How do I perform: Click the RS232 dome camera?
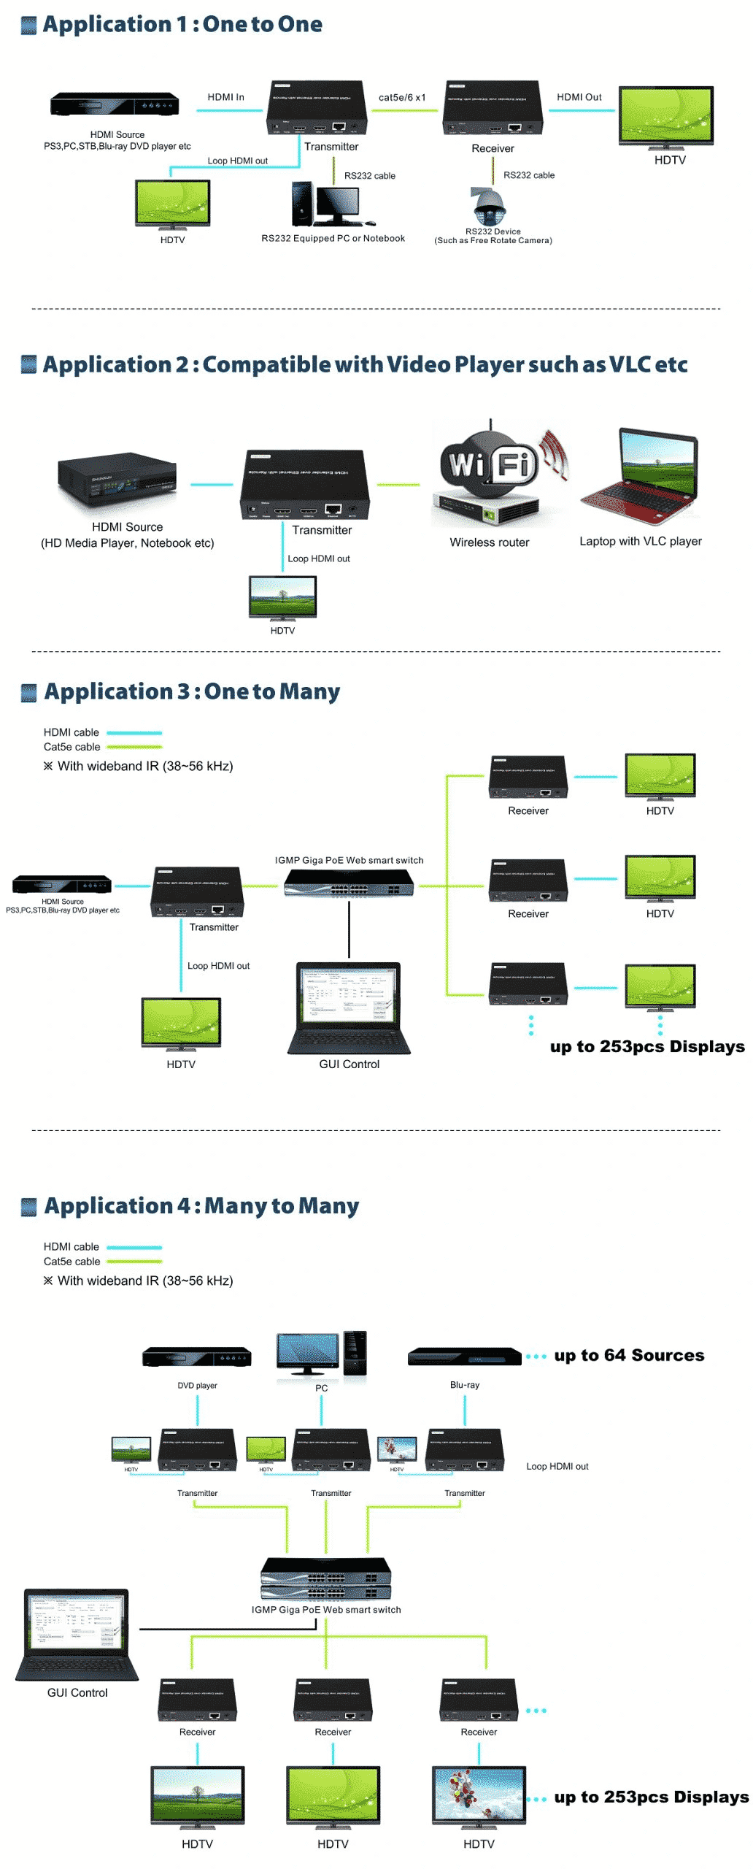click(490, 207)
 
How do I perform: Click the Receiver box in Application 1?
click(493, 108)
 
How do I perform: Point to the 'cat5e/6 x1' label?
click(402, 98)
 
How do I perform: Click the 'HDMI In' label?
click(225, 97)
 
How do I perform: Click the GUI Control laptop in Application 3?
click(349, 1008)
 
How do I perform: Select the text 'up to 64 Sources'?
click(629, 1356)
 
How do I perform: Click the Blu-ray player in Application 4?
click(464, 1356)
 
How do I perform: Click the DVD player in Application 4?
click(197, 1356)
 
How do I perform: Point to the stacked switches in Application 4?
click(326, 1579)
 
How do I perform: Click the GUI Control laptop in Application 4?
click(77, 1636)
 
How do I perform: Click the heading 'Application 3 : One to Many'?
click(191, 691)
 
